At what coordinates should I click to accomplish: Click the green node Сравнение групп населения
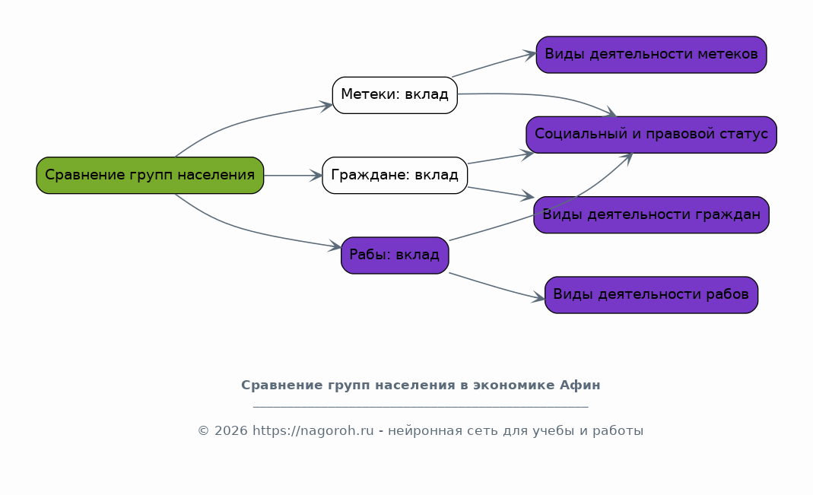[150, 175]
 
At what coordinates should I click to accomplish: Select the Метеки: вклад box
[395, 95]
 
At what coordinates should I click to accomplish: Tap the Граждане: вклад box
[395, 175]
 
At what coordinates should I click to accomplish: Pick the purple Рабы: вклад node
[395, 255]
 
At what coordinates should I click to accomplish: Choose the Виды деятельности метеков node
[651, 55]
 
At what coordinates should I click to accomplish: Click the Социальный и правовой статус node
[651, 135]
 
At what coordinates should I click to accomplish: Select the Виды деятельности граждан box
[651, 214]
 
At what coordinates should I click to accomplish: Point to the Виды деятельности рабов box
[651, 295]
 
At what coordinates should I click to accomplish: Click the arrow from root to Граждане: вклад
[293, 176]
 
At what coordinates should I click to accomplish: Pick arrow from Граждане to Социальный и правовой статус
[501, 158]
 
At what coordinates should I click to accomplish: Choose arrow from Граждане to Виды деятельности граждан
[501, 192]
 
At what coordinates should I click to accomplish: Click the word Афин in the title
[580, 386]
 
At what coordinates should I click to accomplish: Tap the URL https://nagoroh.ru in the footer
[313, 431]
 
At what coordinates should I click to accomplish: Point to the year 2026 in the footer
[230, 431]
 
